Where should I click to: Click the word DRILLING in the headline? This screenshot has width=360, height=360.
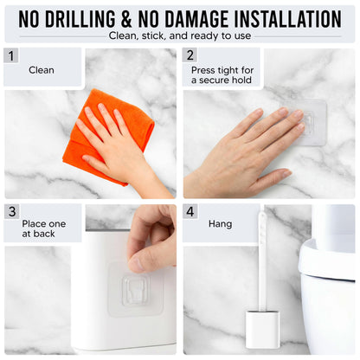tap(80, 19)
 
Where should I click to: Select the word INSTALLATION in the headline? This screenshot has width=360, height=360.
tap(288, 19)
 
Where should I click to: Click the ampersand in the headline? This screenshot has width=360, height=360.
tap(126, 19)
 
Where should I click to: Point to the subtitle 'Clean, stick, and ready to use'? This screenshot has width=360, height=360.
tap(180, 35)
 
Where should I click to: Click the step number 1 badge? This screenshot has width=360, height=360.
tap(11, 55)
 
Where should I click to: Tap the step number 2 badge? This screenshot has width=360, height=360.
tap(190, 55)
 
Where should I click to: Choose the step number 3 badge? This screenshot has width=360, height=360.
tap(12, 211)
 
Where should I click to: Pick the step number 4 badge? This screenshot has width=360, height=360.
tap(190, 211)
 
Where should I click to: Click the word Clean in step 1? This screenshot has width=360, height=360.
tap(42, 70)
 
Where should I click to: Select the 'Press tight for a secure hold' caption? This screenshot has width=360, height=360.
tap(222, 75)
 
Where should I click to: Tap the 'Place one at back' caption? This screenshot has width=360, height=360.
tap(43, 228)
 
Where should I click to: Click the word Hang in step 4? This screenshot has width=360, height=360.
tap(220, 224)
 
